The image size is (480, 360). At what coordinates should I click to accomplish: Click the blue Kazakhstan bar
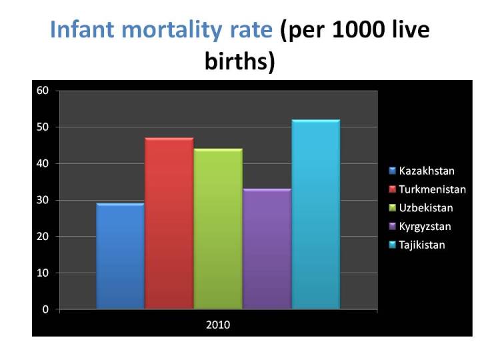(x=120, y=257)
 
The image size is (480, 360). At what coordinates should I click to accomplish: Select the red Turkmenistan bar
(x=169, y=223)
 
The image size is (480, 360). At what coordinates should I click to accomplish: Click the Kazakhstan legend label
(x=427, y=171)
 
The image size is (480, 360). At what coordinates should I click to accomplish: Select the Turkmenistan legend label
(x=432, y=190)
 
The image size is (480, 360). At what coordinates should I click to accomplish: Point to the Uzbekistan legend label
(x=427, y=208)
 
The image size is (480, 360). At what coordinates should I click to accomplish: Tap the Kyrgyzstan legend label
(x=425, y=227)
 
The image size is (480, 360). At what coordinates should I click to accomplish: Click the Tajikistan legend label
(x=422, y=245)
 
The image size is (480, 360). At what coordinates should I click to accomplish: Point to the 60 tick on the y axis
(x=43, y=91)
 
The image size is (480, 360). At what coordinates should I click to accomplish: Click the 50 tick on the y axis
(x=43, y=127)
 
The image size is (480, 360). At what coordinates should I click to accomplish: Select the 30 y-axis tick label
(x=43, y=200)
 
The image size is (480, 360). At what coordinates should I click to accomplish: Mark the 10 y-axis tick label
(x=43, y=273)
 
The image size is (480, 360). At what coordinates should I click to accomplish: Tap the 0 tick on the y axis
(x=46, y=309)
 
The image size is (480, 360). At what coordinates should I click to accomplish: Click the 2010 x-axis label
(x=218, y=325)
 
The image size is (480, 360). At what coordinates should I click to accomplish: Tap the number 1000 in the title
(x=358, y=31)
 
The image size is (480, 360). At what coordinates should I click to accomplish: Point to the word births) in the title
(x=239, y=61)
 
